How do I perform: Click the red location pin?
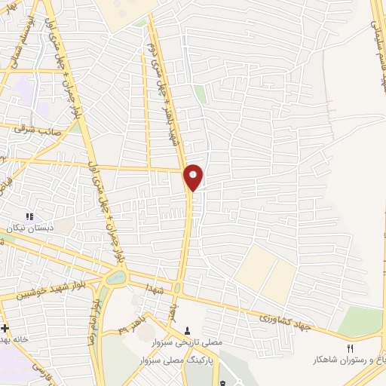point(194,177)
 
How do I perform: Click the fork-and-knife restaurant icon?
point(349,348)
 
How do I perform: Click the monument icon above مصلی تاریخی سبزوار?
point(187,331)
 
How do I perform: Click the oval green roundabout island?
point(117,278)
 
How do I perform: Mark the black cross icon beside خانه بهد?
point(5,329)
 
